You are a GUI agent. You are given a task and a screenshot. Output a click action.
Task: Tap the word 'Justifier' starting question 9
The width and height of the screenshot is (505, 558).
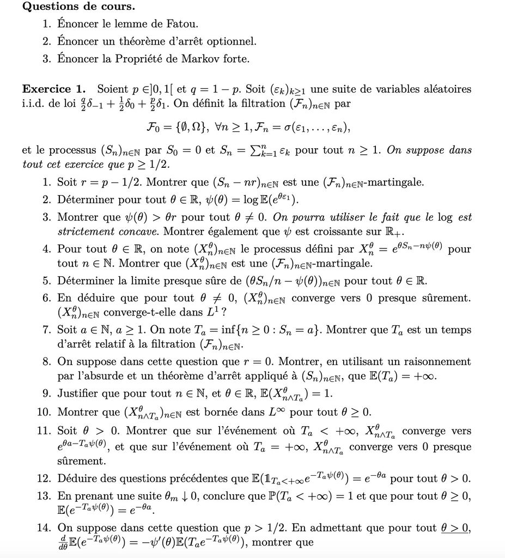point(78,393)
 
